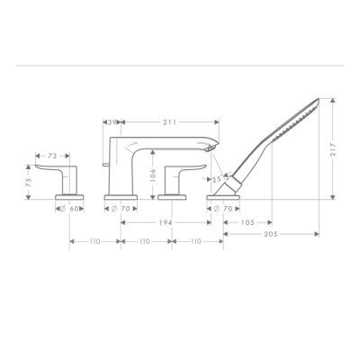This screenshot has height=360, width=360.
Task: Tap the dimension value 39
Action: click(114, 121)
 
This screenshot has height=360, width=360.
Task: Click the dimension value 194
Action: click(167, 221)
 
